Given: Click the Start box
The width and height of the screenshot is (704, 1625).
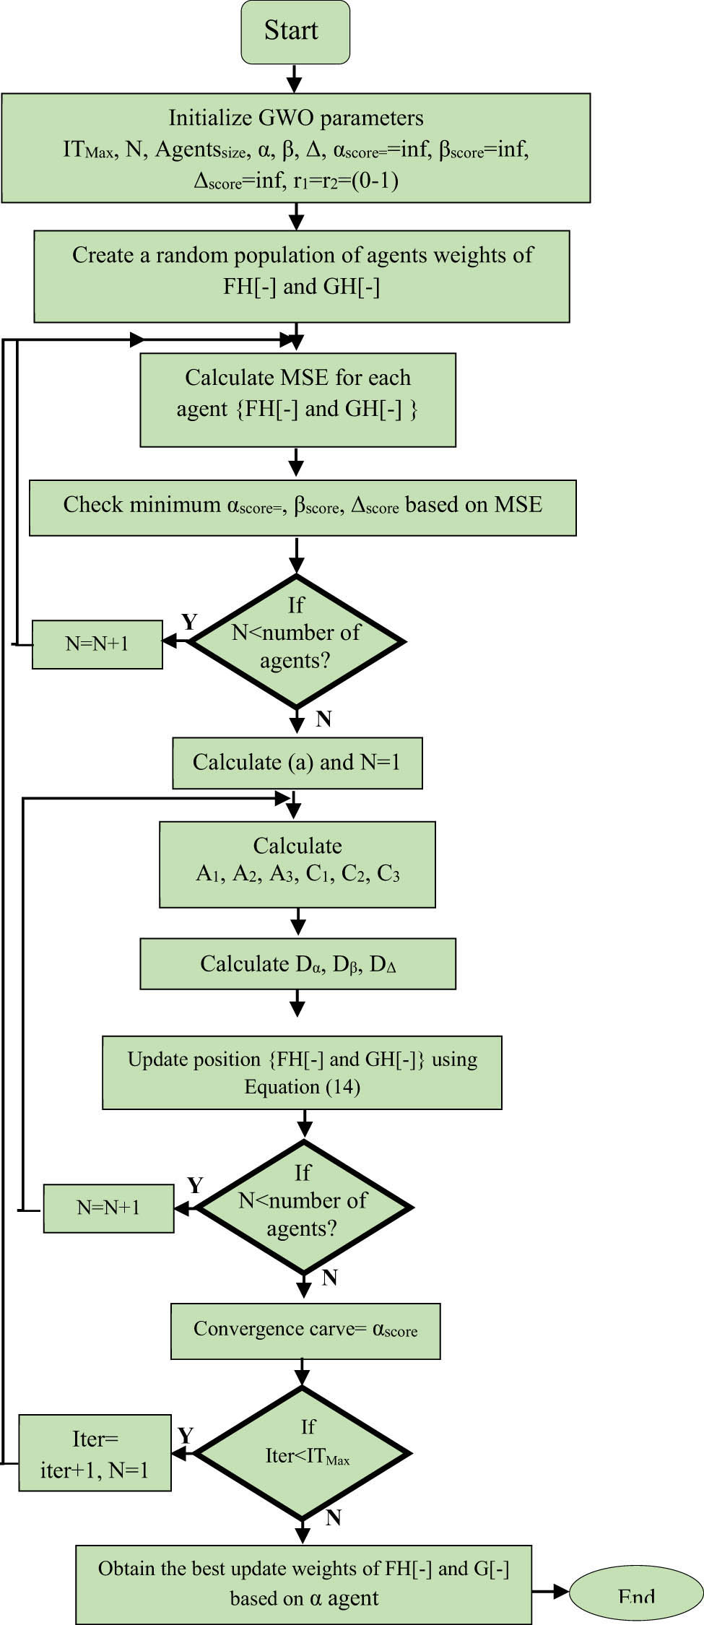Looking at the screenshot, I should point(295,31).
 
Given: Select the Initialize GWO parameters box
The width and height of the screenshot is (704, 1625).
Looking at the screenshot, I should point(295,148).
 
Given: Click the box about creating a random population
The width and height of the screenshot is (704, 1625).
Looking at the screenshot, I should point(302,276).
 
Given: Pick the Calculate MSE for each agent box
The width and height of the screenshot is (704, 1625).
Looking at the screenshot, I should point(297,399).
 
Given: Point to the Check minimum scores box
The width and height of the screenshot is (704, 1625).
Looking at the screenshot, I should point(303,507).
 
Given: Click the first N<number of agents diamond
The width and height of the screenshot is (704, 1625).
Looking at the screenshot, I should point(296,641).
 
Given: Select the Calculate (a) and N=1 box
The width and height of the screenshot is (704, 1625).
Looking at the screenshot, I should point(297,763).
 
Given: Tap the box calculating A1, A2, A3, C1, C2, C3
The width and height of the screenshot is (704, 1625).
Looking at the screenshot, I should point(297,864).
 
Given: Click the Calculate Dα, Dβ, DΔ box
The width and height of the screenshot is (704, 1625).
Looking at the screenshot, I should point(297,963).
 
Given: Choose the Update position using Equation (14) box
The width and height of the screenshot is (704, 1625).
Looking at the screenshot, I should point(302,1072).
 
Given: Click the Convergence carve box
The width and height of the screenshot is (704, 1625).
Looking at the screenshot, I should point(305,1330).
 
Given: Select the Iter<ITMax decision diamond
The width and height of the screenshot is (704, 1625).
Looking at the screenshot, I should point(303,1453).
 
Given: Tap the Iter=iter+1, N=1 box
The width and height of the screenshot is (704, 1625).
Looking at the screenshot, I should point(95,1453).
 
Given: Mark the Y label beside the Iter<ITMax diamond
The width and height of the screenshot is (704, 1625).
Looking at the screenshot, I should point(186,1435).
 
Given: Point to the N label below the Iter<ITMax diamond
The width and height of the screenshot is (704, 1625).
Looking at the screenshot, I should point(333,1517).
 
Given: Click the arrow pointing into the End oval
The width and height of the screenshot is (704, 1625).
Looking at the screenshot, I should point(552,1590).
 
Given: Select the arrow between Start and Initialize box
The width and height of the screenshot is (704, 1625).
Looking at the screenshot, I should point(295,77).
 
